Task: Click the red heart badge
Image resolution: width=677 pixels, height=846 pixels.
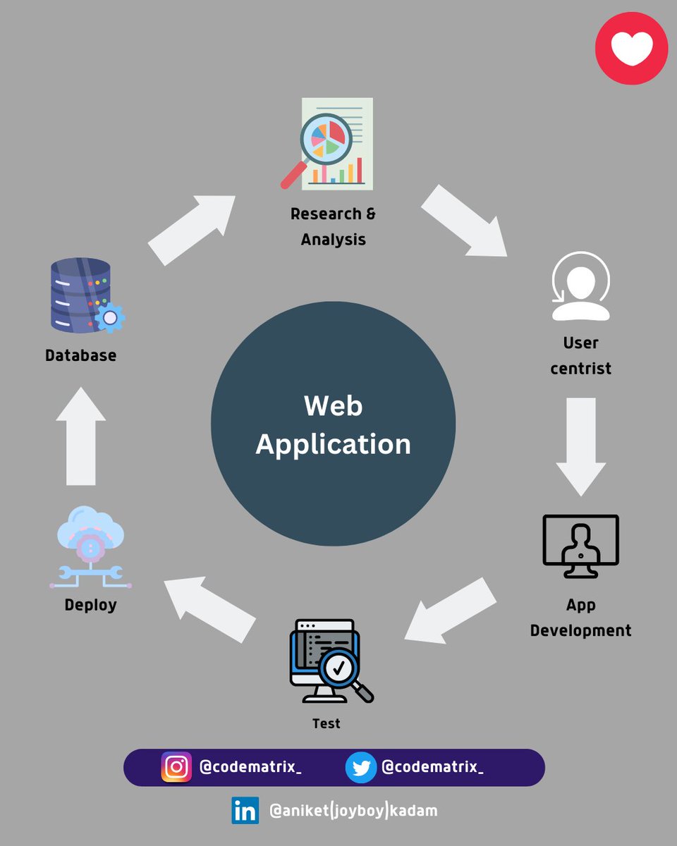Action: pos(631,49)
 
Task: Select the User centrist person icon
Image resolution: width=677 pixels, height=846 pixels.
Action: pos(580,287)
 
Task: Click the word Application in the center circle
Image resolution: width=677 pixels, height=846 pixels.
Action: pos(333,445)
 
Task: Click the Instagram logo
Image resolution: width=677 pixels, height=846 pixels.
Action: pos(176,767)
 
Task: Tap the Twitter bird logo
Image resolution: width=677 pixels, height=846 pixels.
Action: pos(361,767)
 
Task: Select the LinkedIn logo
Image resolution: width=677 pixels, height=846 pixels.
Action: pos(245,811)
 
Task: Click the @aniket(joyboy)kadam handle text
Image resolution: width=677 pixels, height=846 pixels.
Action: pos(353,811)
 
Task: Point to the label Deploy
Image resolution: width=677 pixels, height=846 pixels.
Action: pos(90,605)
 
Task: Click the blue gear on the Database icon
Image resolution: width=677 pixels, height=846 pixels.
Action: pos(109,317)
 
